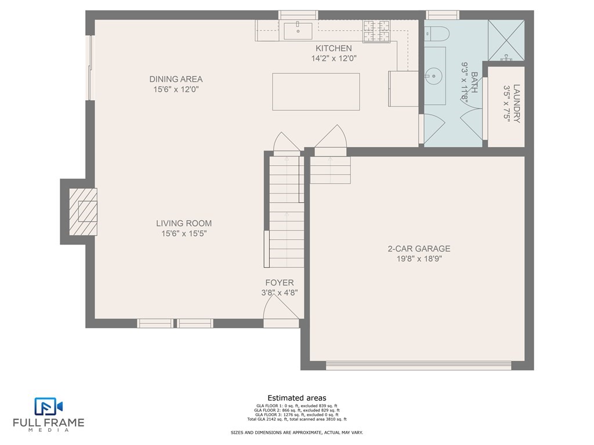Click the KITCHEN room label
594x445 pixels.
coord(334,49)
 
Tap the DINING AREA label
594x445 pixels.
coord(176,79)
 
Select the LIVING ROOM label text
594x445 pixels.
coord(184,223)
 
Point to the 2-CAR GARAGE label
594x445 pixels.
coord(419,249)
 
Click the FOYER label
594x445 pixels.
coord(280,283)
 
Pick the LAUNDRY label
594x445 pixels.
coord(516,103)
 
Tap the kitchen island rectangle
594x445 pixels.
coord(316,92)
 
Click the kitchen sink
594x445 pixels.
coord(298,31)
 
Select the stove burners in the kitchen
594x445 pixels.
coord(376,31)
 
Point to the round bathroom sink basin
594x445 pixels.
coord(433,76)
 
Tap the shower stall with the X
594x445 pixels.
coord(506,40)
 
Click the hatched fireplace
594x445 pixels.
coord(83,211)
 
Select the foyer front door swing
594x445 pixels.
coord(281,307)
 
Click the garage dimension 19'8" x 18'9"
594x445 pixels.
coord(419,259)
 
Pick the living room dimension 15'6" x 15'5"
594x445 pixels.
coord(184,234)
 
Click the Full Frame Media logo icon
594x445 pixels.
coord(49,406)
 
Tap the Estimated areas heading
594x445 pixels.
coord(297,398)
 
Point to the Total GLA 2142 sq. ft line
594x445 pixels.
coord(297,420)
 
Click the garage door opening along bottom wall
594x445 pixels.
coord(419,366)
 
